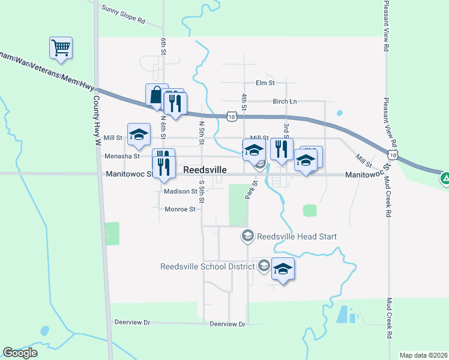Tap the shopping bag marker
(x=156, y=95)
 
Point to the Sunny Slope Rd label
(x=124, y=14)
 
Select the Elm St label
(x=265, y=83)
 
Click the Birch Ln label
(x=285, y=101)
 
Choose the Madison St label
(x=181, y=192)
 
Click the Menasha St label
(x=122, y=156)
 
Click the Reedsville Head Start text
(x=297, y=236)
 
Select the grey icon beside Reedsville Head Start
(x=247, y=236)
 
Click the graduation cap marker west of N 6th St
(x=139, y=135)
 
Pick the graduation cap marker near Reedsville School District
(x=283, y=269)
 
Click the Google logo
(x=20, y=353)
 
